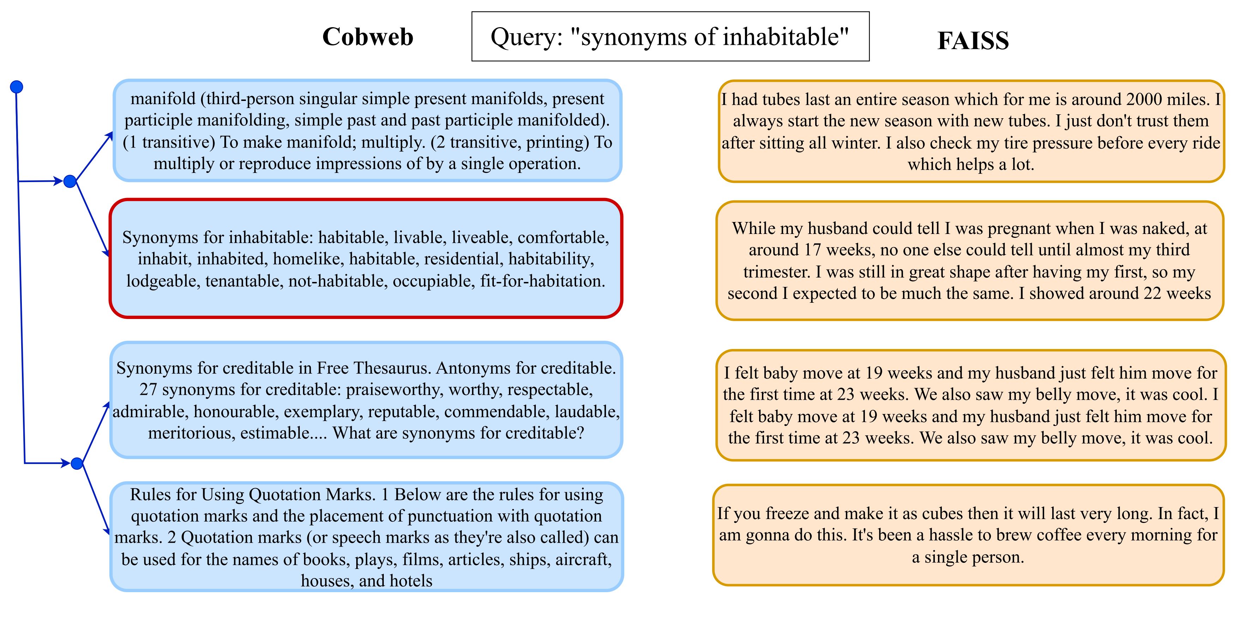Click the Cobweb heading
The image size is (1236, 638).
[x=368, y=37]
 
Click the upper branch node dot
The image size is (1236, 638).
[x=70, y=181]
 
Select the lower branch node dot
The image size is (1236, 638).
[x=77, y=464]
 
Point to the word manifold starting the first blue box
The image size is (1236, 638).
[x=163, y=98]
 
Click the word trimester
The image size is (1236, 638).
[x=777, y=272]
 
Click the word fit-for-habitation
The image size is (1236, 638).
[x=542, y=281]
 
